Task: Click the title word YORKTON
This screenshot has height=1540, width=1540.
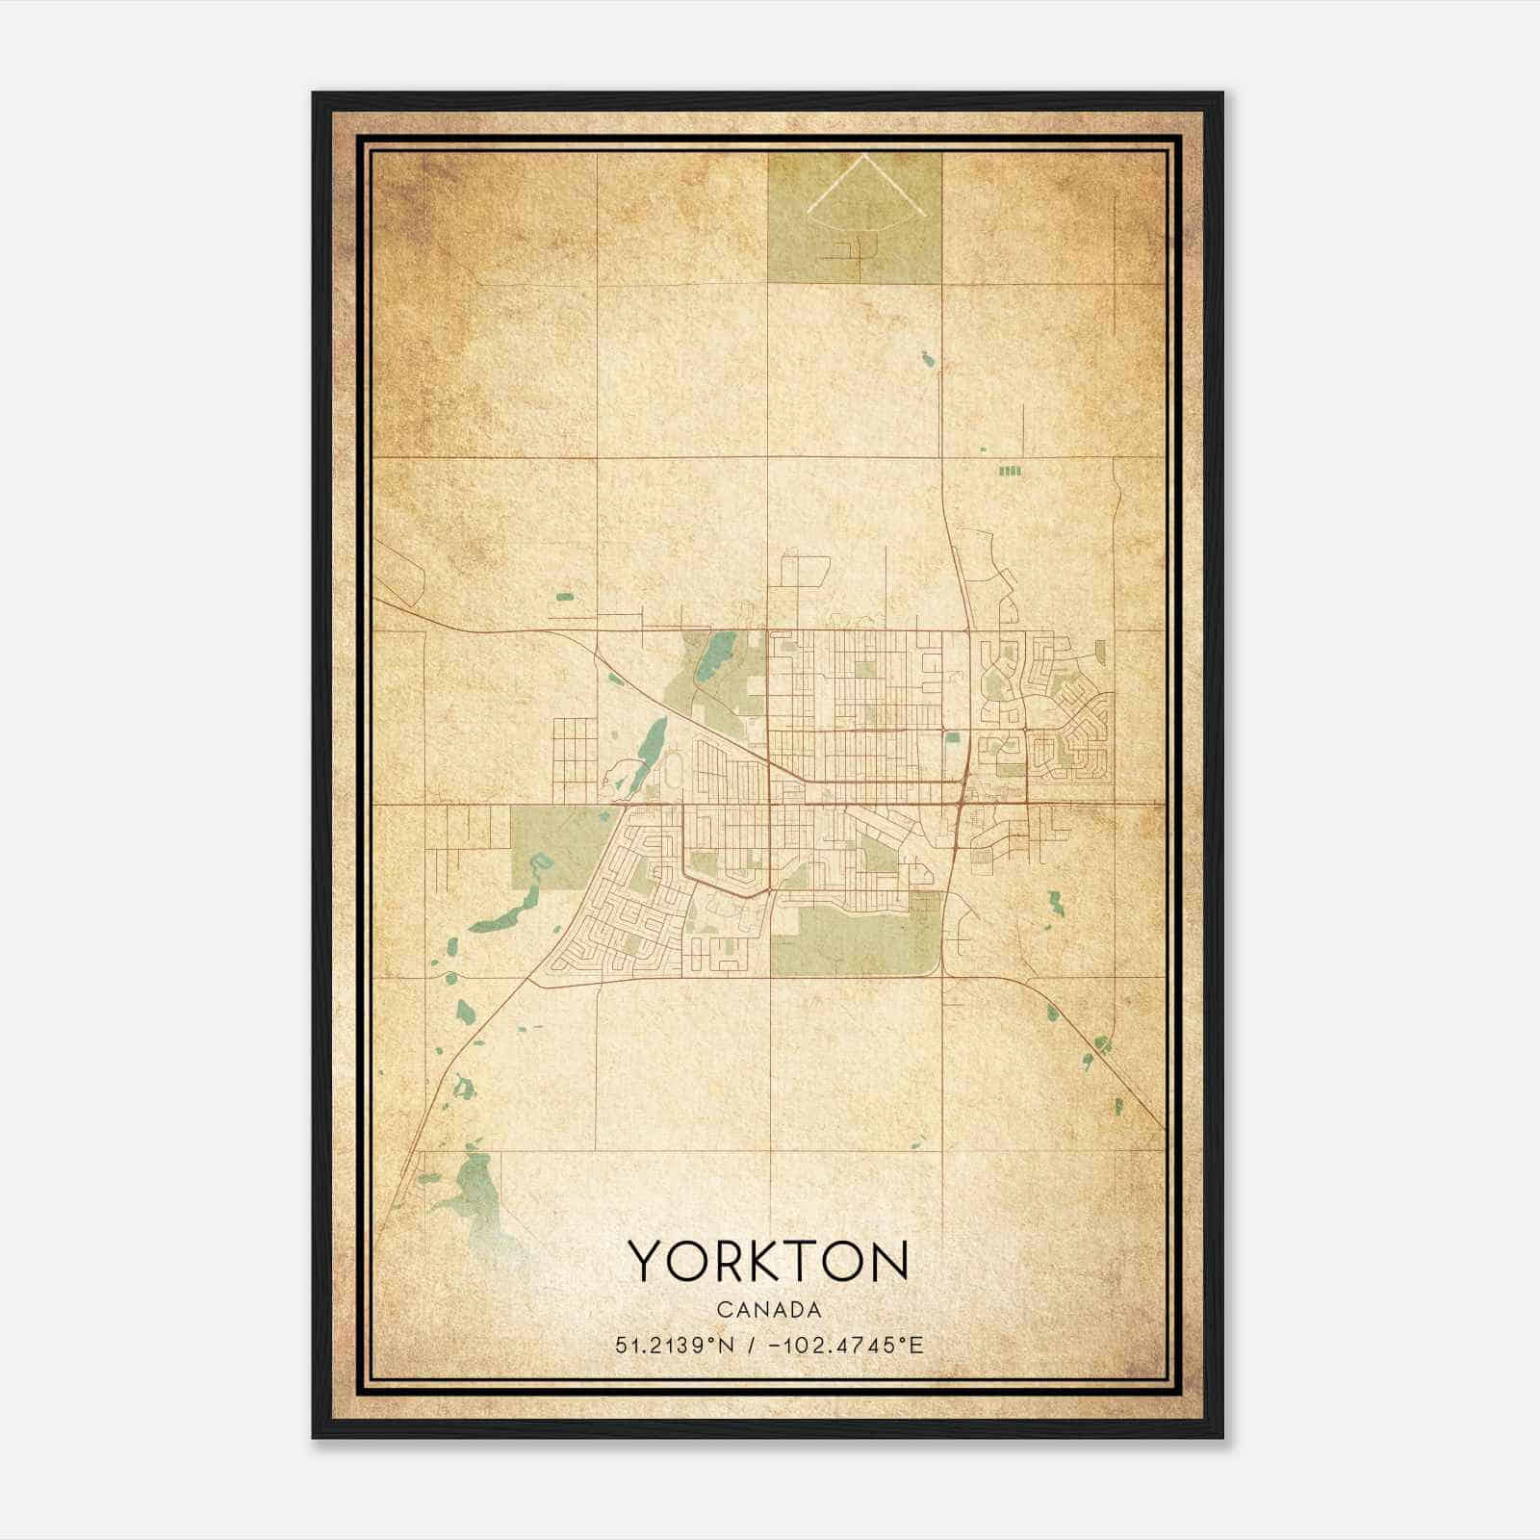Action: click(768, 1261)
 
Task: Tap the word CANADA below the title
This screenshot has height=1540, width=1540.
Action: click(768, 1310)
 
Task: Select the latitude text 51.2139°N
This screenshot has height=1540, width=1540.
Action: click(674, 1345)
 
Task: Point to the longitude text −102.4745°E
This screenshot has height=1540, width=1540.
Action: click(846, 1345)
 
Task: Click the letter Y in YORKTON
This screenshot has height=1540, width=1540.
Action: click(646, 1261)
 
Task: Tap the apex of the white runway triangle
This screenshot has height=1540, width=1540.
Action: click(862, 157)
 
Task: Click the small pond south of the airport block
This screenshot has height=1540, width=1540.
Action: click(928, 360)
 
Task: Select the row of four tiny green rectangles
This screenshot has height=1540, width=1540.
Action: click(1009, 472)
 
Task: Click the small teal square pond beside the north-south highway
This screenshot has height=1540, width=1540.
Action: click(952, 738)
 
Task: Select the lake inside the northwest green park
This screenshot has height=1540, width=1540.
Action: click(713, 655)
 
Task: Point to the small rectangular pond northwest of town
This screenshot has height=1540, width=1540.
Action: click(564, 597)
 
